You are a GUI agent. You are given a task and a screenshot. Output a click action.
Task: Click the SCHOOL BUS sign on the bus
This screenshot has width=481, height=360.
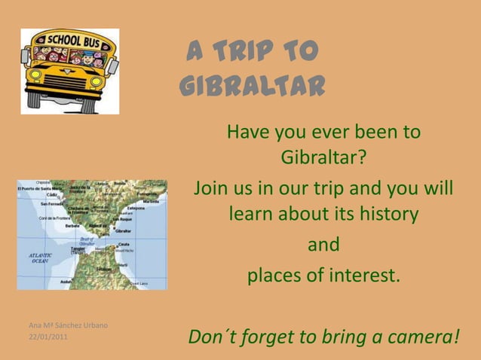click(x=71, y=40)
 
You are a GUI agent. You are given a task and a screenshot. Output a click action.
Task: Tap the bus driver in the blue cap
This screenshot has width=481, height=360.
click(x=87, y=56)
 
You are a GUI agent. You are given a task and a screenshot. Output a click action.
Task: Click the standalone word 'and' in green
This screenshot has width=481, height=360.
click(x=325, y=246)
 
